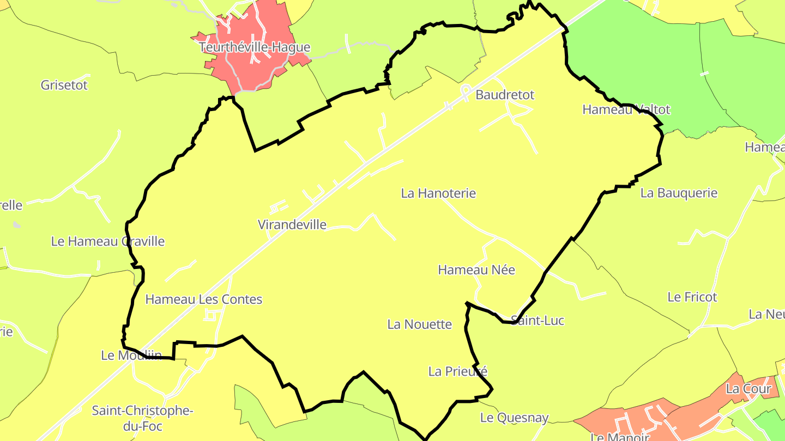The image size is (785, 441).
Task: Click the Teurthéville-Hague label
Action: [x=255, y=47]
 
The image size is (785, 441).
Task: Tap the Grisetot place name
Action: [x=64, y=85]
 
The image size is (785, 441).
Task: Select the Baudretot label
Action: [x=505, y=95]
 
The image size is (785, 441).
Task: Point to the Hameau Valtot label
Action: [x=626, y=109]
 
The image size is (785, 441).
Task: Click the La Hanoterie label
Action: [x=438, y=193]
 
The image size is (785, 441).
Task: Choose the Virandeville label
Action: [x=292, y=224]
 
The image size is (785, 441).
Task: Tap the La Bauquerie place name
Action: [x=679, y=193]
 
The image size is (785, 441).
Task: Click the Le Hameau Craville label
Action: [x=107, y=241]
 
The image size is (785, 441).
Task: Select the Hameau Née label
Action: [x=476, y=269]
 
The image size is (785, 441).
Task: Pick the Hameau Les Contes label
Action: [x=203, y=299]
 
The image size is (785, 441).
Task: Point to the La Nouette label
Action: [x=420, y=324]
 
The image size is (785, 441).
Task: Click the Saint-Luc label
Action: [x=538, y=321]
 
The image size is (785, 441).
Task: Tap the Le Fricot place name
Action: [x=692, y=297]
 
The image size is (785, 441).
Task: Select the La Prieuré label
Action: [x=457, y=371]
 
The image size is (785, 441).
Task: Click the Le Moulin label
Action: [x=131, y=356]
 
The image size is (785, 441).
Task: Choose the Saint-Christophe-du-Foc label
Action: [x=142, y=418]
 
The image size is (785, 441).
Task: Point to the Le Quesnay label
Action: [x=514, y=418]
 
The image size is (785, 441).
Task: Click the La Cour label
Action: [x=748, y=389]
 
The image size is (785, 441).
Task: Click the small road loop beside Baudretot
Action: [x=466, y=89]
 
